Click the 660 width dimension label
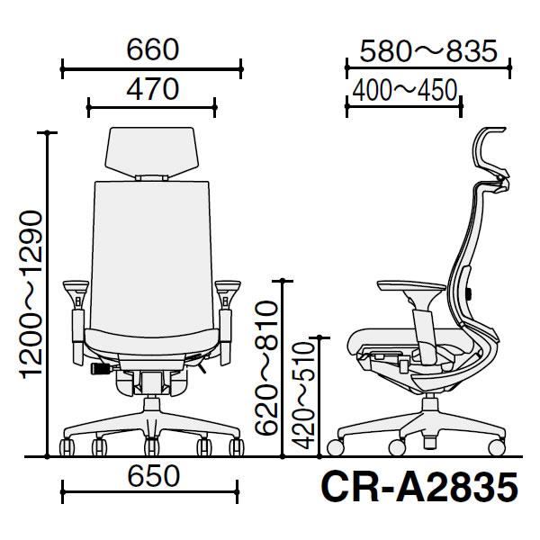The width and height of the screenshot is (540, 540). click(x=153, y=49)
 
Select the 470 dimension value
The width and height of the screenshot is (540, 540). click(x=153, y=89)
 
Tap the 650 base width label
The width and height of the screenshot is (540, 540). click(x=154, y=476)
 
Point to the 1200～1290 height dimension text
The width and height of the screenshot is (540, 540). click(x=31, y=294)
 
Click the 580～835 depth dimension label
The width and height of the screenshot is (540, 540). click(x=428, y=51)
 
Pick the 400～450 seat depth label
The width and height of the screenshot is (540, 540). click(x=405, y=90)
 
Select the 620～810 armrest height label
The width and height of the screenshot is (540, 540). click(x=266, y=368)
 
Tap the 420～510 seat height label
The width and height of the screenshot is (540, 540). click(x=303, y=396)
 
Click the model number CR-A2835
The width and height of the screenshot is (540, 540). click(x=419, y=488)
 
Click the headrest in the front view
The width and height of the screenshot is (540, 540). click(x=152, y=152)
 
